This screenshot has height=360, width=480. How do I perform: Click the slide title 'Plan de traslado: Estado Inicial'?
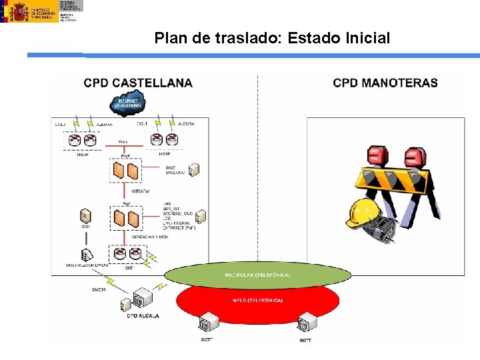(x=272, y=38)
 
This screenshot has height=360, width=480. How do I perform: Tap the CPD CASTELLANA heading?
(x=138, y=83)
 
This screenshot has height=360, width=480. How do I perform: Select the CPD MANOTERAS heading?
(x=385, y=83)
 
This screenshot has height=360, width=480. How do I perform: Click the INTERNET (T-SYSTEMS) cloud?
(x=128, y=103)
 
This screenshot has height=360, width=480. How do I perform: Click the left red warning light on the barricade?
(x=377, y=155)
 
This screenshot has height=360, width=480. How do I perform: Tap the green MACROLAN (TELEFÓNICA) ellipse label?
(x=257, y=275)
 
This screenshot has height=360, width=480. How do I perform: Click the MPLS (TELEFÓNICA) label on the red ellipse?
(x=257, y=300)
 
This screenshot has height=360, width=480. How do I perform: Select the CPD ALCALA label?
(x=143, y=315)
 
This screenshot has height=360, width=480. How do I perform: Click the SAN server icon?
(x=85, y=216)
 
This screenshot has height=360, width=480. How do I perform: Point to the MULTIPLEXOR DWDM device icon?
(x=87, y=255)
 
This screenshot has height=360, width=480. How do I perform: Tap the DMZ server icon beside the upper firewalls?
(x=194, y=170)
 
